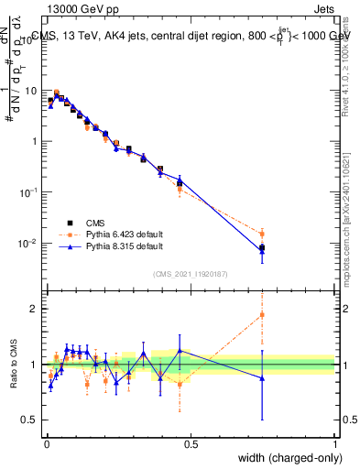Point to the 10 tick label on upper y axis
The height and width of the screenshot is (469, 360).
32,91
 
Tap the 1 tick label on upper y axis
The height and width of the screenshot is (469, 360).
35,142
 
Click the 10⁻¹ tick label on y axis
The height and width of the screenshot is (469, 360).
30,192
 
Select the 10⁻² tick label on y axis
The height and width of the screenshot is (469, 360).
30,244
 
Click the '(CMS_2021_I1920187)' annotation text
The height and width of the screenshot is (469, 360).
190,274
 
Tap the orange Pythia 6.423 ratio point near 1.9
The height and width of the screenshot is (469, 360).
262,315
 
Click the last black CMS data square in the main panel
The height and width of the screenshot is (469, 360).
262,247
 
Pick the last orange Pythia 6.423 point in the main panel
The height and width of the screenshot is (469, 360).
262,234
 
